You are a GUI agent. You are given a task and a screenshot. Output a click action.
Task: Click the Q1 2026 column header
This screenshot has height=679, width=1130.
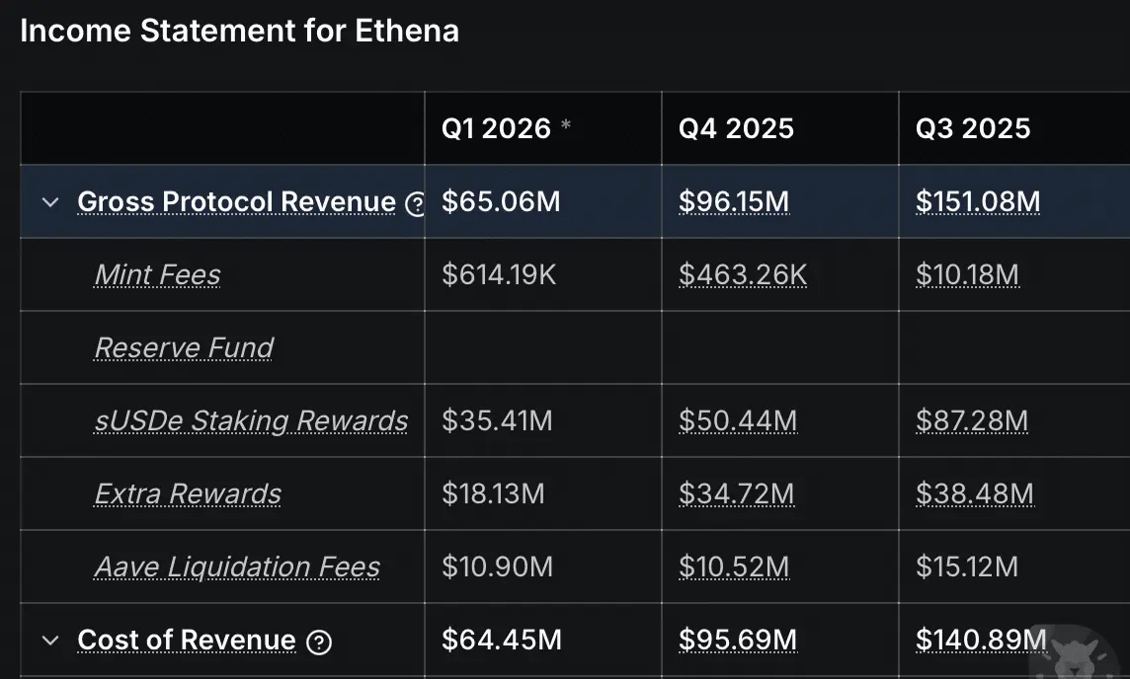coord(496,128)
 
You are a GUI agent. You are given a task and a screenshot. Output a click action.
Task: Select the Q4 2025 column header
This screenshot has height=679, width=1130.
coord(736,128)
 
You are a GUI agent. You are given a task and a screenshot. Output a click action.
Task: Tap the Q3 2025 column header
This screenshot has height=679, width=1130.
coord(973,128)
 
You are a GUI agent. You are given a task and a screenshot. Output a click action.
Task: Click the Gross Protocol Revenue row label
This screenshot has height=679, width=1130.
coord(236,202)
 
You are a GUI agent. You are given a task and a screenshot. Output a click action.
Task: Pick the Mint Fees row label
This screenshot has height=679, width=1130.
coord(157,274)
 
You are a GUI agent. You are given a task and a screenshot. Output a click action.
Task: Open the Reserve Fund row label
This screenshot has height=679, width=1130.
coord(184,347)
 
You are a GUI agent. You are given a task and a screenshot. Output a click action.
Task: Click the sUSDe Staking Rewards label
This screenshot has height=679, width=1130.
coord(251,420)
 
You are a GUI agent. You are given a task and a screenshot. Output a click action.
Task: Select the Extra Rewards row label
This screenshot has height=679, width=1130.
coord(188,493)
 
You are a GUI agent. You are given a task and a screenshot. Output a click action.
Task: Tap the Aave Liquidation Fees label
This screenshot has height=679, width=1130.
coord(237,566)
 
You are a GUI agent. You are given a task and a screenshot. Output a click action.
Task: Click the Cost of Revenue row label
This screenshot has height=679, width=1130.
coord(186,641)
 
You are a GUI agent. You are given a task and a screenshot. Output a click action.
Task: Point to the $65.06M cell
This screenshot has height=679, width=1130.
coord(501,202)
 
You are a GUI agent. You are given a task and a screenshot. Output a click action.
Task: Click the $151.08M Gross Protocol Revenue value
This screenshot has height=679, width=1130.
coord(978,202)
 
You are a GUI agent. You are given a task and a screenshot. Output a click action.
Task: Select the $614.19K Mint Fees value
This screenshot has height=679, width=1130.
coord(499,274)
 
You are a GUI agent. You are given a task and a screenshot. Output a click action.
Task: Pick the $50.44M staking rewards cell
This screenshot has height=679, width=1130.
coord(738,421)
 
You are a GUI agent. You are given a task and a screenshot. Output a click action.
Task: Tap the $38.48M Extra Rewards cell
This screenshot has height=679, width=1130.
coord(975,493)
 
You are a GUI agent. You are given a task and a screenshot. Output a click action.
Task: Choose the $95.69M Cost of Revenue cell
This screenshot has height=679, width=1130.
coord(738,641)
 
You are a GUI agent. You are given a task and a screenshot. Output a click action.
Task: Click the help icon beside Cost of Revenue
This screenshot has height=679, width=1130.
coord(318,642)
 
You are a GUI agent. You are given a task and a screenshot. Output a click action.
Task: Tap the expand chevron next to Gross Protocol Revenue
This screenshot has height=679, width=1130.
coord(50,202)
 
